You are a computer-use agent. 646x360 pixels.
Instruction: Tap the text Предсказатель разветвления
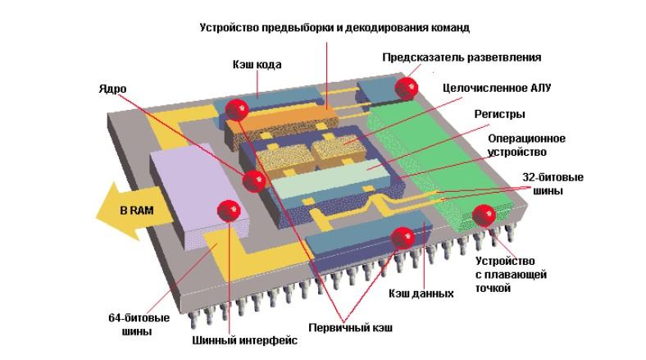pyautogui.click(x=462, y=57)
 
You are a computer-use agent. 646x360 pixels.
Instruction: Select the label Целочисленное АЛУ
pyautogui.click(x=488, y=86)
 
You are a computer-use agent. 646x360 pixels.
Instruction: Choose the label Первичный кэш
pyautogui.click(x=350, y=328)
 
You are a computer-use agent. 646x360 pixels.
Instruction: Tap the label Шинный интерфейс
pyautogui.click(x=233, y=339)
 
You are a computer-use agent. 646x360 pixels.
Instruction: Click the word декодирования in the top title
pyautogui.click(x=383, y=28)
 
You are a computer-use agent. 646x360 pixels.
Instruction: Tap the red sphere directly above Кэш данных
pyautogui.click(x=403, y=238)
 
